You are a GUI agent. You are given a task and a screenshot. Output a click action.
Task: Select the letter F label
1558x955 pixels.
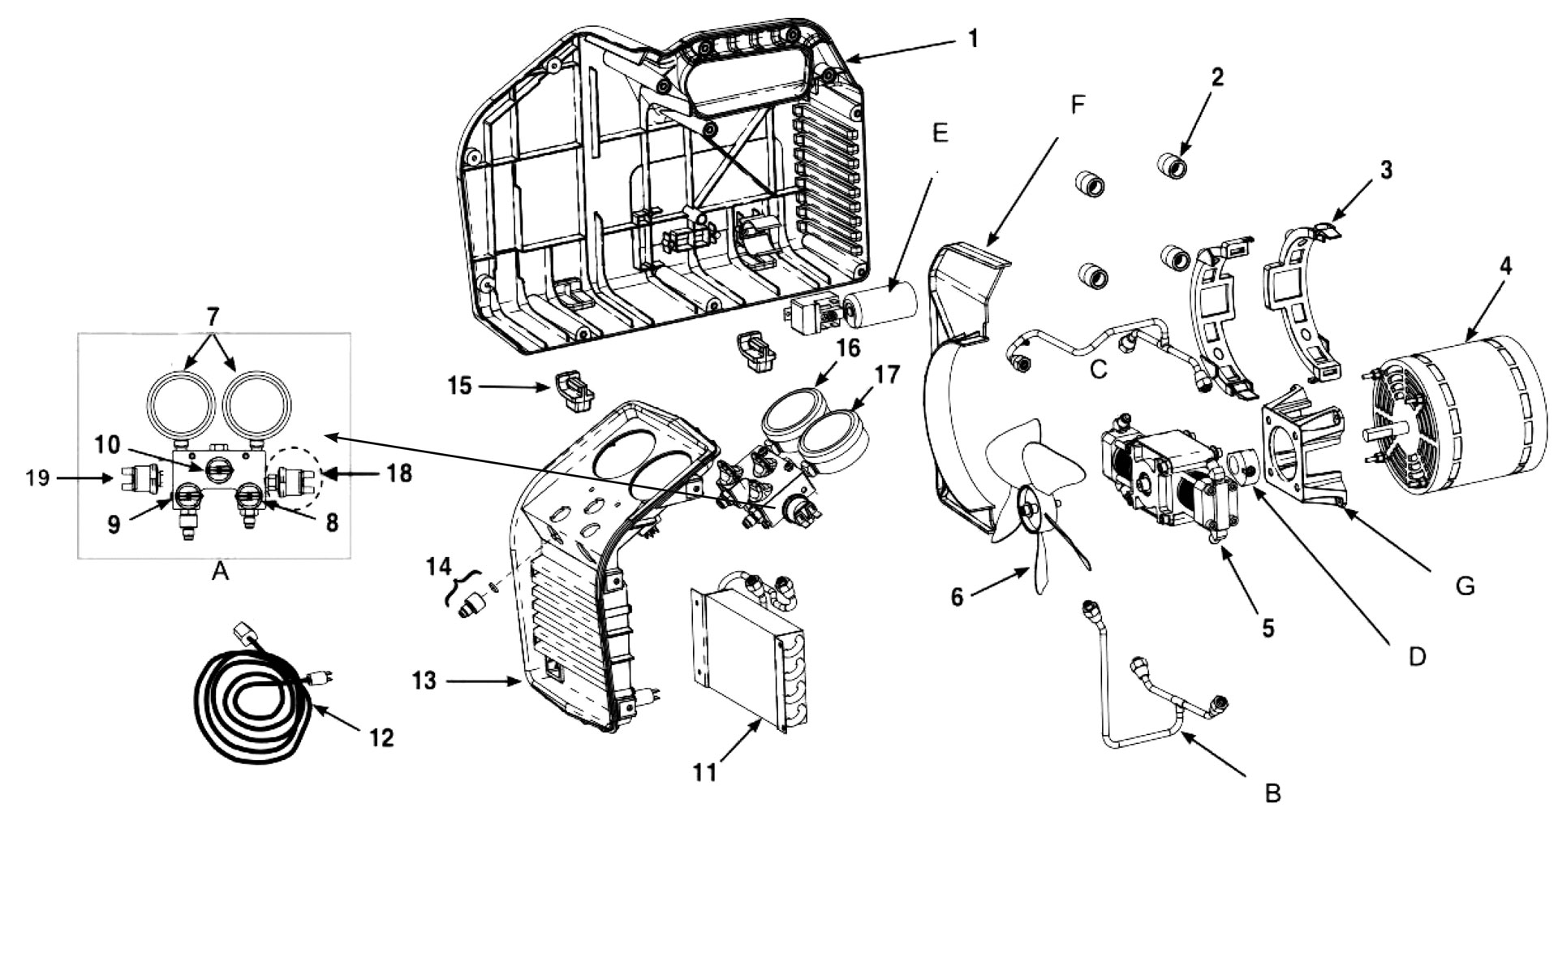1078,105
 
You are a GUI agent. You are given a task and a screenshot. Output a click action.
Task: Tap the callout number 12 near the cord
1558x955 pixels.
381,737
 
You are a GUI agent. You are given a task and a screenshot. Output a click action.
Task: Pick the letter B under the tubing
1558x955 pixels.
1272,793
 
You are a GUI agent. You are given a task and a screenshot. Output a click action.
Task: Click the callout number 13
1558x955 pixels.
424,681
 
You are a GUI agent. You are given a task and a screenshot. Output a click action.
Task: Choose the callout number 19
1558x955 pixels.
37,478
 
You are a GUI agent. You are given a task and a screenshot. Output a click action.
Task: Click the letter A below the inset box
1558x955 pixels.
219,573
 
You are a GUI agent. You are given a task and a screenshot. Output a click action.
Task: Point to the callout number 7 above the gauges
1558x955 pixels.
213,316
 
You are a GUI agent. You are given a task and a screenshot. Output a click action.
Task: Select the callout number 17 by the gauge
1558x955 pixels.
887,375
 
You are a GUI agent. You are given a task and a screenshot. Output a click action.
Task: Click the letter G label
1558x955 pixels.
1465,586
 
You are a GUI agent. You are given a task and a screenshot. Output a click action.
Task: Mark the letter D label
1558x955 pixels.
1417,657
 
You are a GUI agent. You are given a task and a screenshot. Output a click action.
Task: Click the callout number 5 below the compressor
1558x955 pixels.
1268,628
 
